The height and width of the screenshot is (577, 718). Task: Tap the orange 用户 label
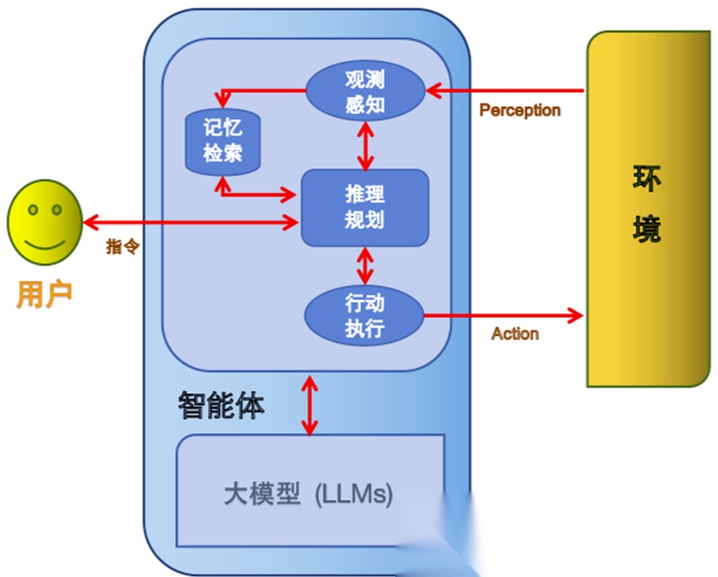(45, 294)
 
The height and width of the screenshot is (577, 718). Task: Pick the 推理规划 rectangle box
(364, 207)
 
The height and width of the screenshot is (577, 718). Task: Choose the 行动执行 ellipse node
(364, 314)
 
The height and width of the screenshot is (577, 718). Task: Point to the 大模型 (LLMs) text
(308, 494)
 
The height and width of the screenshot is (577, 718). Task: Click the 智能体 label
(221, 406)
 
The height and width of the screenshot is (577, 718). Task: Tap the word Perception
(520, 110)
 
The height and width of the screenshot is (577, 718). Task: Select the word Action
(515, 334)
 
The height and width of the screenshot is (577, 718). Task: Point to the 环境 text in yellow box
(645, 204)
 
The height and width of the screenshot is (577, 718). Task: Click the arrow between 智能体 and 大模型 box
(310, 406)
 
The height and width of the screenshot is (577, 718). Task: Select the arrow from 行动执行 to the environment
(502, 315)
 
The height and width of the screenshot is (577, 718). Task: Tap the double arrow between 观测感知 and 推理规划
(365, 144)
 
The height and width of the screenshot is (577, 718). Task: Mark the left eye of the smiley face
(33, 209)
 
